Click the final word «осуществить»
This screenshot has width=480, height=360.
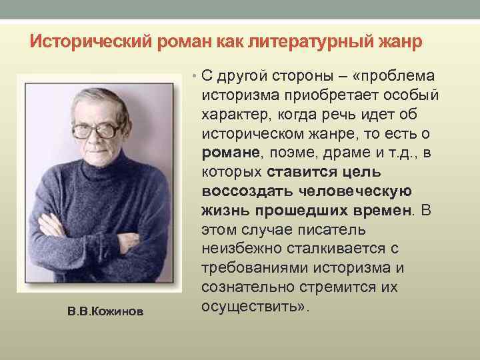click(249, 307)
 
